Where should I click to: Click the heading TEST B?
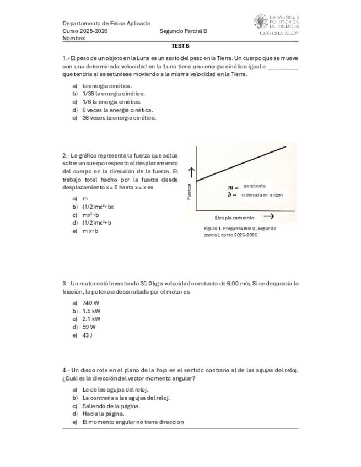tap(180, 46)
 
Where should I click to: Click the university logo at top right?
tap(276, 24)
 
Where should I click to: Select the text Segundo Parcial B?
tap(183, 31)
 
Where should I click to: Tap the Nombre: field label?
tap(74, 39)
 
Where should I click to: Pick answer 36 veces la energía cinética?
tap(118, 117)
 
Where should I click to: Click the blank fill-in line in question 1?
tap(283, 67)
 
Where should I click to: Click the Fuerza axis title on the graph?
tap(189, 191)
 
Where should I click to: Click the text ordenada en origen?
tap(262, 194)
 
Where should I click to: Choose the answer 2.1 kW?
tap(91, 319)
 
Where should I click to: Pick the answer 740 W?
tap(90, 303)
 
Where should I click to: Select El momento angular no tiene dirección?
tap(132, 422)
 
